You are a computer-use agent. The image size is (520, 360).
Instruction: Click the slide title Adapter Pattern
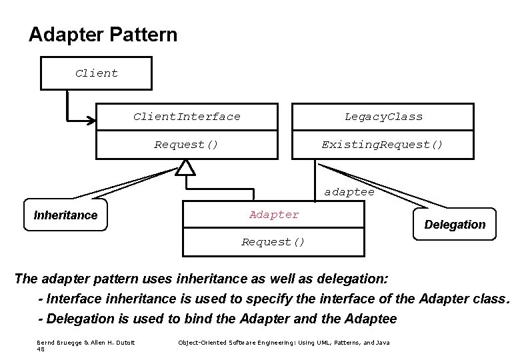point(103,35)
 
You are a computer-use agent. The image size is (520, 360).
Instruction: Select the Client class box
point(97,73)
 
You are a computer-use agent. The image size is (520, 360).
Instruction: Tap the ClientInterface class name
point(187,117)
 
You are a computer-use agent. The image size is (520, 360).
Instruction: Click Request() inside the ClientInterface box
point(186,144)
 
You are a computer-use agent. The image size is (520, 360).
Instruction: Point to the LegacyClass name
point(383,117)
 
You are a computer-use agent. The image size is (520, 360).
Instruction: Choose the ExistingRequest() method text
point(382,144)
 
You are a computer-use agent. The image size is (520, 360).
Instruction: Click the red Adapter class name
point(274,215)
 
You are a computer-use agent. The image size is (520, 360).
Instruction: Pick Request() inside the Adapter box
point(273,242)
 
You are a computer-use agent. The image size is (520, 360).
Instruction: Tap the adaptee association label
point(349,192)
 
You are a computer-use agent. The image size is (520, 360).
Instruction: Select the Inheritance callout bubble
point(65,215)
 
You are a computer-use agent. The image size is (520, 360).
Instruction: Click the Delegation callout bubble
point(455,225)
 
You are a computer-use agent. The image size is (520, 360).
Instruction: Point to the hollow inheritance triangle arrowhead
point(186,168)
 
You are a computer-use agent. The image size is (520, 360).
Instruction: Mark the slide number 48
point(41,348)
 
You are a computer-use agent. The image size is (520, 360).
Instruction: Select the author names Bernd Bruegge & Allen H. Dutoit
point(85,342)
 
